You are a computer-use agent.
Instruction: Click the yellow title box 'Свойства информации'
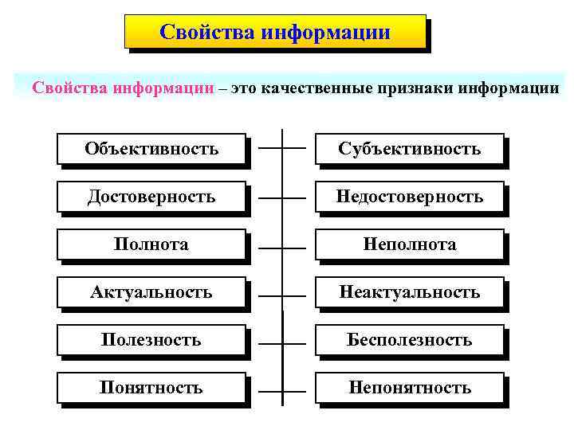275,33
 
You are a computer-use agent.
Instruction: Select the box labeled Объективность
151,149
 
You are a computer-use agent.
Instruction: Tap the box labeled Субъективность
410,149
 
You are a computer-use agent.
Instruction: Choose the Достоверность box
151,197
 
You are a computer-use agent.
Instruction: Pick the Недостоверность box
410,197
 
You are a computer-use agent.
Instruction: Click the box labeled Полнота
151,244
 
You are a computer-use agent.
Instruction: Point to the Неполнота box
410,244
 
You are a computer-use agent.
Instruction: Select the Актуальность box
151,292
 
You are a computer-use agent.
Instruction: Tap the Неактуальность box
410,292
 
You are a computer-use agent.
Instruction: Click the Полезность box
151,340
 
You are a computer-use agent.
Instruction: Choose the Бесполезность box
410,340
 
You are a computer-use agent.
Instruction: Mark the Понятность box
151,388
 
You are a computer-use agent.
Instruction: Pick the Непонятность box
410,388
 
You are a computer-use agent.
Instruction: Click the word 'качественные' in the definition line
317,88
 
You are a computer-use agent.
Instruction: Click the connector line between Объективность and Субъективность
271,149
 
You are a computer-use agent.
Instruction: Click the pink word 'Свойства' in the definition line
69,88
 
